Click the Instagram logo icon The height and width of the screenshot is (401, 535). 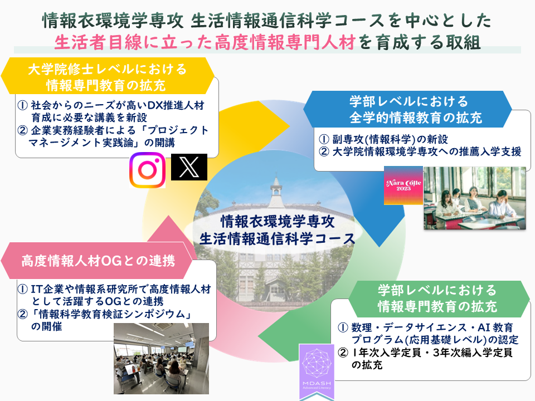click(147, 170)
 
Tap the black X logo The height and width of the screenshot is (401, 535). click(189, 167)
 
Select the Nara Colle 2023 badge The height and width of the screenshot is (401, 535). click(403, 185)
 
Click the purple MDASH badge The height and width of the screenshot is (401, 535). click(317, 371)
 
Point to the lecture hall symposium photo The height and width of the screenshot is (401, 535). click(162, 359)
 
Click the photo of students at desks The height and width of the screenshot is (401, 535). click(475, 198)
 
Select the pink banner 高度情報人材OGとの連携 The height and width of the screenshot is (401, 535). click(98, 261)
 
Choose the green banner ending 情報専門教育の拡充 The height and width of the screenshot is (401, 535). click(438, 299)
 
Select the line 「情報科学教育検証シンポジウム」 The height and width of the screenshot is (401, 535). click(110, 314)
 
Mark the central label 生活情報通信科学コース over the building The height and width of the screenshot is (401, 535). click(277, 239)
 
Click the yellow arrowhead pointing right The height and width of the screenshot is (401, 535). click(273, 126)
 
